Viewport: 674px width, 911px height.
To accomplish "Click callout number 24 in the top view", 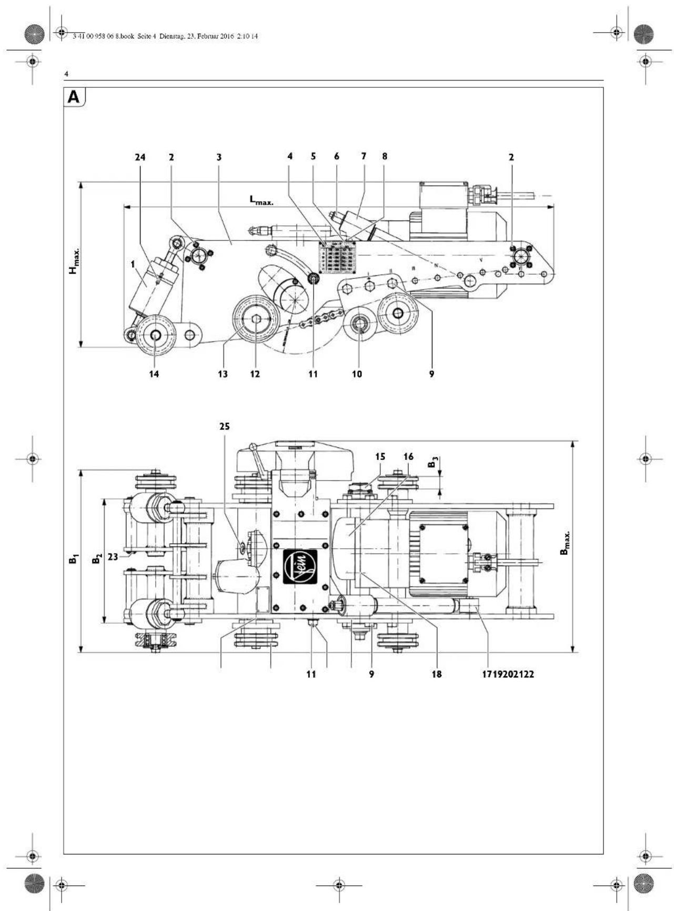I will (x=140, y=157).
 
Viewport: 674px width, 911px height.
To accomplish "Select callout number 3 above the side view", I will (x=219, y=157).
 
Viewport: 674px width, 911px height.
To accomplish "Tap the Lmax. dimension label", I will (x=261, y=200).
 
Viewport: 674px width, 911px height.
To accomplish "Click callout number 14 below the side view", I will (x=154, y=374).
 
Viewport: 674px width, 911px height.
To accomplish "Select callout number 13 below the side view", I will (x=223, y=374).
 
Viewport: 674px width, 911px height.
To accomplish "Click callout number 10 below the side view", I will (x=357, y=374).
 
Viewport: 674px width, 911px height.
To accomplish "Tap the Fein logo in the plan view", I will (x=300, y=567).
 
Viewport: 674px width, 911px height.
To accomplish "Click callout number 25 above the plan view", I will (x=225, y=426).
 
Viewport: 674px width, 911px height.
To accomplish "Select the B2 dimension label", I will (x=96, y=559).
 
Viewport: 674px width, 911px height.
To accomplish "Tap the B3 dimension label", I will (x=432, y=463).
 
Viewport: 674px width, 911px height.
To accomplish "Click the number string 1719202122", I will (x=508, y=674).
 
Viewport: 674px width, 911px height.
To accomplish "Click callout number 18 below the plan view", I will (x=436, y=674).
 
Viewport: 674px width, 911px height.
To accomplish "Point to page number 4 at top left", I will (x=66, y=74).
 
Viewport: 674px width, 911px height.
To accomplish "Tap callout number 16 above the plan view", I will (x=408, y=456).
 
